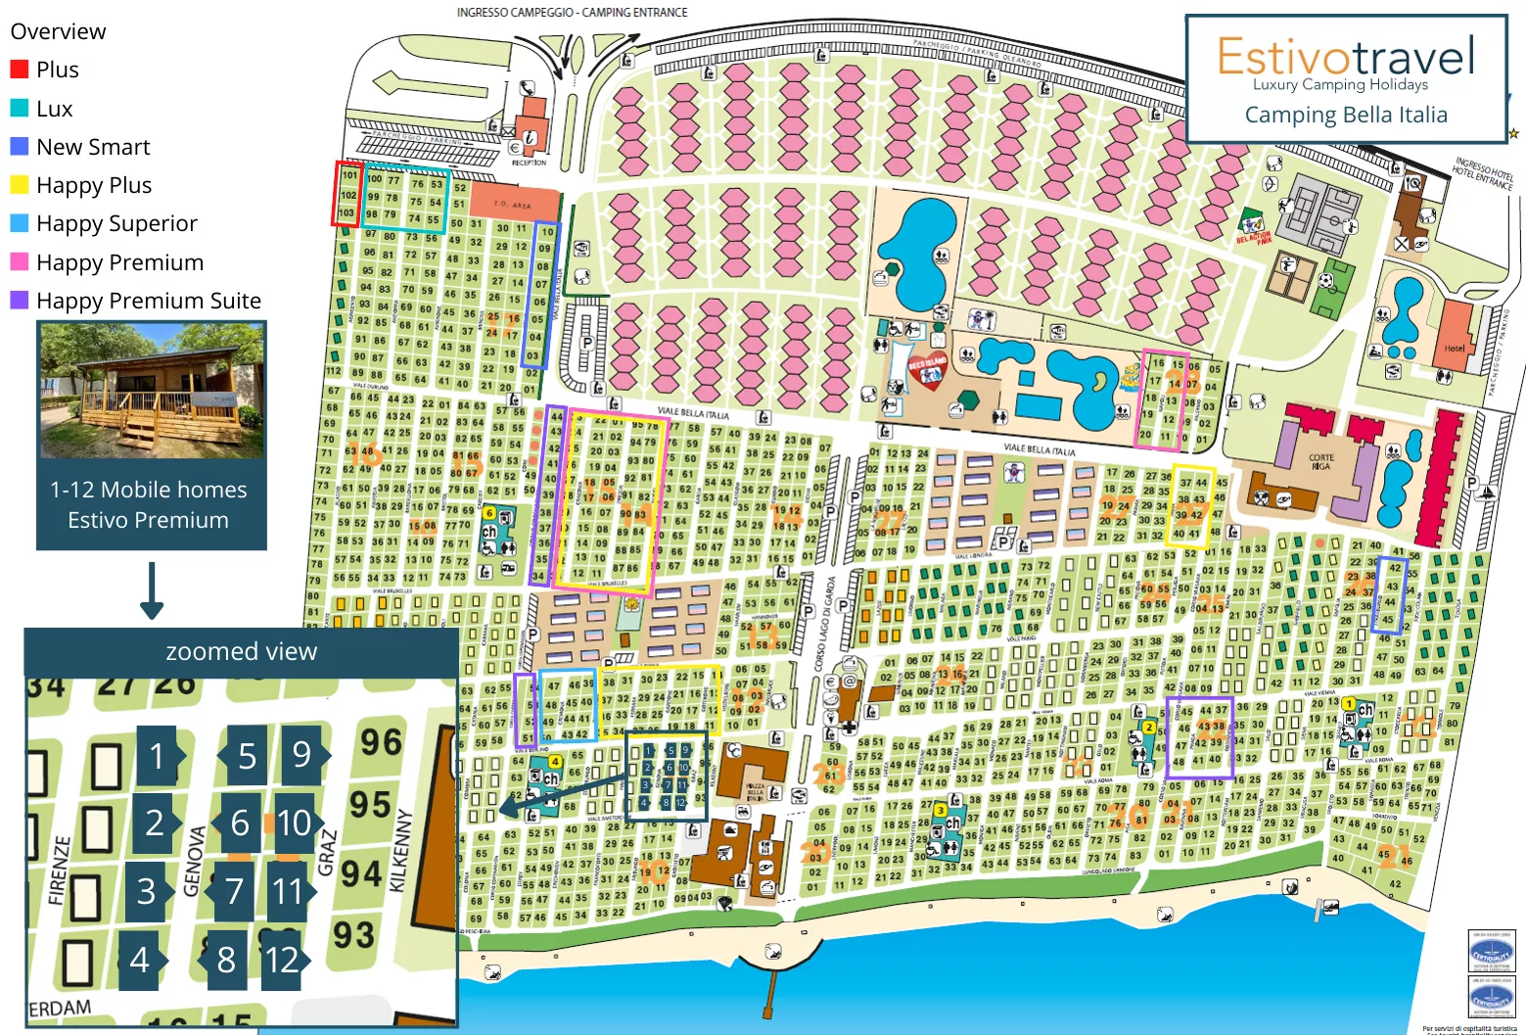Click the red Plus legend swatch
click(x=19, y=70)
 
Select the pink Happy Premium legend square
click(x=19, y=262)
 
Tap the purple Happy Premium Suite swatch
click(x=19, y=301)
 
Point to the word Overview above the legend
click(x=58, y=31)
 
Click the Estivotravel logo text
click(x=1345, y=56)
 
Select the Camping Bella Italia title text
click(x=1345, y=115)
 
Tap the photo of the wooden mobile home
click(x=152, y=391)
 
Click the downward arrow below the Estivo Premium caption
click(x=152, y=591)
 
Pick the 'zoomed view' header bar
click(x=241, y=651)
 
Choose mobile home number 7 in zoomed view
click(x=234, y=891)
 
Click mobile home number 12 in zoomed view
click(x=283, y=960)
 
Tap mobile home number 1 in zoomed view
click(x=157, y=756)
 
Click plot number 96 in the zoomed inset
click(x=380, y=742)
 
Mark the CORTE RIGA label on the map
click(x=1320, y=462)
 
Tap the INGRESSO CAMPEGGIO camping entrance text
click(x=572, y=13)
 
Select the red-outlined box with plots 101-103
click(x=347, y=194)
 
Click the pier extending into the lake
click(x=769, y=989)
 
